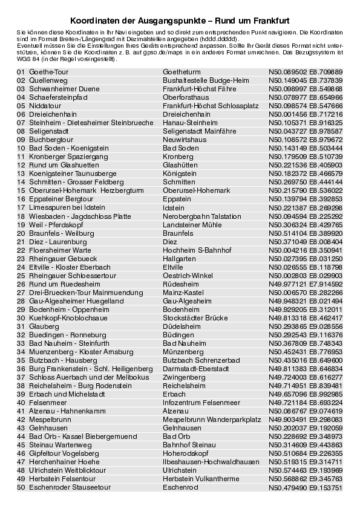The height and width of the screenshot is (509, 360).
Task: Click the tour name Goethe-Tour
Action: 45,72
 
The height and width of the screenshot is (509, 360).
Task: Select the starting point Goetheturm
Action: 182,72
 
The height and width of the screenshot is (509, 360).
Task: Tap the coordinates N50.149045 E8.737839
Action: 306,80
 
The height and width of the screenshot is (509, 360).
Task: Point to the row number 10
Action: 21,148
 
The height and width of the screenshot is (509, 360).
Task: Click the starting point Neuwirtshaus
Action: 185,140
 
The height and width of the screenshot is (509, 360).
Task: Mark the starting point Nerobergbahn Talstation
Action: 201,216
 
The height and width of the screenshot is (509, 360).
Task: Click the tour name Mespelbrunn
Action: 48,419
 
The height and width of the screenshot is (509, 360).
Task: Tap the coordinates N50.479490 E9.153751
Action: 306,487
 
